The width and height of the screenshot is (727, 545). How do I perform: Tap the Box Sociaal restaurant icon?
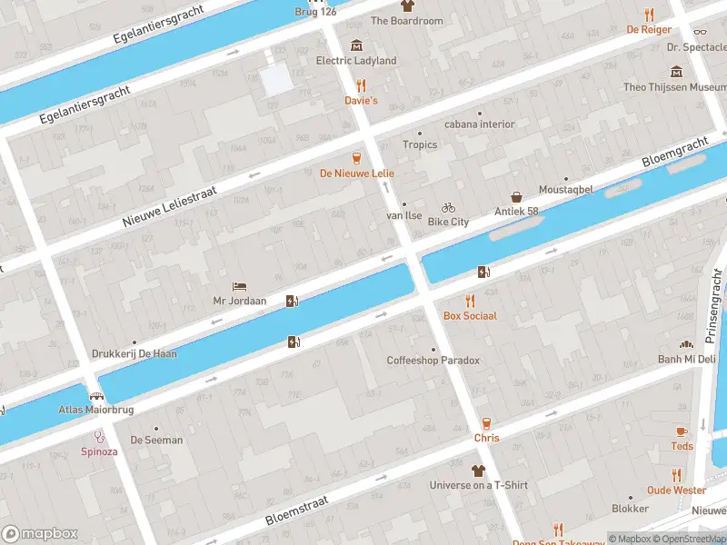tap(470, 301)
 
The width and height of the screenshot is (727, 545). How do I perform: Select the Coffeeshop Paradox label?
tap(433, 361)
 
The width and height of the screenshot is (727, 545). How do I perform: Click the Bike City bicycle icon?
tap(448, 207)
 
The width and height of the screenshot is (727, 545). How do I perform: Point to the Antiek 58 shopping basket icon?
tap(516, 196)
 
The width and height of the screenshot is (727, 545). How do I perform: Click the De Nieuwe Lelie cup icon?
tap(356, 157)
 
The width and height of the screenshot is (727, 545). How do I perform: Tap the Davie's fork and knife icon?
tap(361, 85)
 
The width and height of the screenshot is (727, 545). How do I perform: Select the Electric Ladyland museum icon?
tap(355, 45)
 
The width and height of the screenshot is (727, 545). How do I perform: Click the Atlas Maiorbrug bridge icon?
tap(95, 396)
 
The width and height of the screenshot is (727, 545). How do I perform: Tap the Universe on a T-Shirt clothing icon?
tap(478, 471)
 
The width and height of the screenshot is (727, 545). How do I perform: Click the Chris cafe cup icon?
tap(486, 423)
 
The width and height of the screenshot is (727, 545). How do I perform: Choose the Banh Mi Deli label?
tap(688, 359)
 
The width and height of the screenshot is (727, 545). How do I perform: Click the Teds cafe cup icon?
tap(682, 431)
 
